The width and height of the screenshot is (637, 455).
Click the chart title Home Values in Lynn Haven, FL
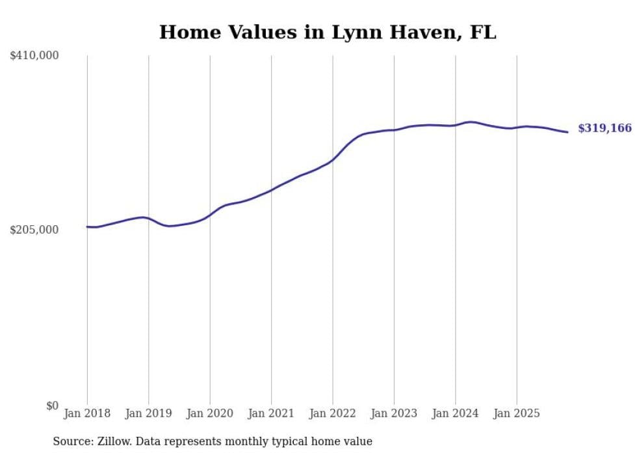point(328,32)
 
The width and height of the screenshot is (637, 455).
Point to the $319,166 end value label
point(604,128)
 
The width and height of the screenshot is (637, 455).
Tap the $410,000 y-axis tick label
point(34,56)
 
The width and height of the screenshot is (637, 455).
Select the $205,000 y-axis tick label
point(34,230)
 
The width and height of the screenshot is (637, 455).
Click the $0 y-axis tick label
point(52,406)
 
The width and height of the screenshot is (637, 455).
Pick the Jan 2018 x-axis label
point(87,413)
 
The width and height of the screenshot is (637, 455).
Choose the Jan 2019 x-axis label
point(149,413)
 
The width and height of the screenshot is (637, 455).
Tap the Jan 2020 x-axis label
point(210,413)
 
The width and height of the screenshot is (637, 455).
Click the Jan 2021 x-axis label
point(272,413)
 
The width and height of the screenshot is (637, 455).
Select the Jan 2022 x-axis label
point(333,413)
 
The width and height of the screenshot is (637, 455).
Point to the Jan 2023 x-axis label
point(394,413)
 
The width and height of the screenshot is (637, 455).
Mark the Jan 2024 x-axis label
point(456,413)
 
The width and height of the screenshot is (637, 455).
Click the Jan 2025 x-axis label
point(517,413)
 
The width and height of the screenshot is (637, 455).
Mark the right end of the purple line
point(568,132)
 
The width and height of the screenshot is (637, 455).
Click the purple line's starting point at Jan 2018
point(87,227)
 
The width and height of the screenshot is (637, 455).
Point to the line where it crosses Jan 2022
point(333,159)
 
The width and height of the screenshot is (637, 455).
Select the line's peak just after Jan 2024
point(471,122)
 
